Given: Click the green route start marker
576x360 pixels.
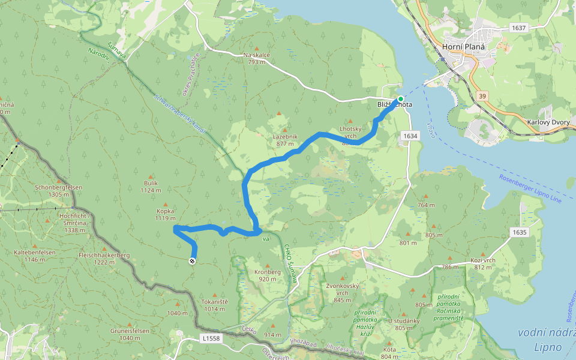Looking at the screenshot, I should pyautogui.click(x=400, y=98).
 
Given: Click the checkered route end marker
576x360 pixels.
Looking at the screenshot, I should pyautogui.click(x=192, y=261).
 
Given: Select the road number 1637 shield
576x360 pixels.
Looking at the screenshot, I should pyautogui.click(x=518, y=28).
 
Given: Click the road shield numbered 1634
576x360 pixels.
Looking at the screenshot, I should pyautogui.click(x=410, y=136).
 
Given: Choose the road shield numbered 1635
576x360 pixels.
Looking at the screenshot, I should pyautogui.click(x=519, y=232).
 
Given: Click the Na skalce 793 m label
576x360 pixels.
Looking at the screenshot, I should pyautogui.click(x=257, y=58).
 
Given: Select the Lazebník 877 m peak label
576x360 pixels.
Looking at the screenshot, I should pyautogui.click(x=286, y=140).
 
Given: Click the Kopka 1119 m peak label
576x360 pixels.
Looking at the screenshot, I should pyautogui.click(x=165, y=215).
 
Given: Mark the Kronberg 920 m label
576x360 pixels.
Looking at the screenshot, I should pyautogui.click(x=268, y=275).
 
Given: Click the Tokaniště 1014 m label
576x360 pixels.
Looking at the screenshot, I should pyautogui.click(x=214, y=305).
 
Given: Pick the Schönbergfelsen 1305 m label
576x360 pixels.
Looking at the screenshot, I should pyautogui.click(x=58, y=190).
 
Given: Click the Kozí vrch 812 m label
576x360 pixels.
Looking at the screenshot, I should pyautogui.click(x=482, y=263).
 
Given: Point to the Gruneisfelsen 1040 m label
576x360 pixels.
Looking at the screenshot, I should pyautogui.click(x=129, y=334).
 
